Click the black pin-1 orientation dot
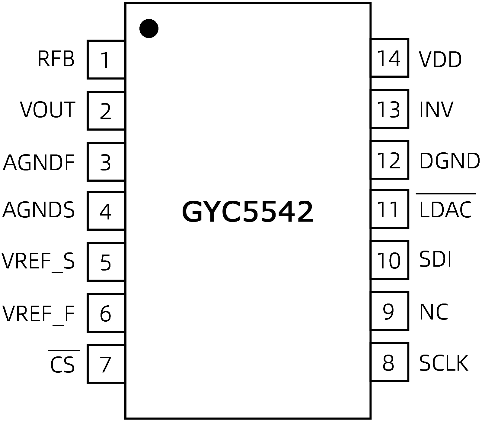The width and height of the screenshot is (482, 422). pos(149,28)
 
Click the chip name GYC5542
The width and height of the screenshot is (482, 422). pos(247,212)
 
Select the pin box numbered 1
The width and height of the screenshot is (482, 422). pos(106,60)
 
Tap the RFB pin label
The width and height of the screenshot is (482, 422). pos(56,59)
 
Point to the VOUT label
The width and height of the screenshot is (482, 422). pos(48,110)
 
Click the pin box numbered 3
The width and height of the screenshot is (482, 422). pos(106,162)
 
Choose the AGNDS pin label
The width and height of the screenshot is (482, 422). pos(39,210)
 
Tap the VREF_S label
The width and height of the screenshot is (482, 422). pos(38,261)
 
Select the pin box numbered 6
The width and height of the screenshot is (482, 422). pos(106,313)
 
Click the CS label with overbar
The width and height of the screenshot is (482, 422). pos(62,364)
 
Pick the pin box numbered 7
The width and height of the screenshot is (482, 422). pos(106,364)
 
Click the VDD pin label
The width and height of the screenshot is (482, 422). pos(440,60)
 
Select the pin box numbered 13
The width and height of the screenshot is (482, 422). pos(389,109)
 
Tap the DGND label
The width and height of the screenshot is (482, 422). pos(449,161)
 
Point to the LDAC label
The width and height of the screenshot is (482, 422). pos(445,209)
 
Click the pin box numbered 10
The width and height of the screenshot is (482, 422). pos(389,260)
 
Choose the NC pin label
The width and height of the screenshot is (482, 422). pos(434,312)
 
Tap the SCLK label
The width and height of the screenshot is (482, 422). pos(443,363)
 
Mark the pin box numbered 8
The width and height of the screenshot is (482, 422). pos(389,362)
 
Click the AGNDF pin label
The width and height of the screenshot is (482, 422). pos(39,162)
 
